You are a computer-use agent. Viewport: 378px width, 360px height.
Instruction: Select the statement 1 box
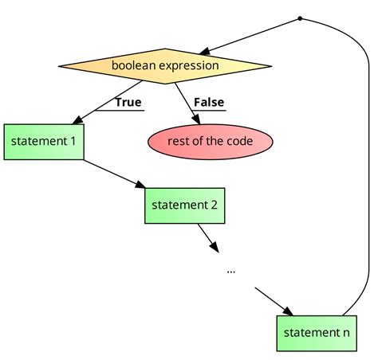44,142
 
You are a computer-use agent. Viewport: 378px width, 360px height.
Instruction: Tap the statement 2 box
183,205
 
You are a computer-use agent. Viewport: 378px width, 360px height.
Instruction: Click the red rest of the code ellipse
211,142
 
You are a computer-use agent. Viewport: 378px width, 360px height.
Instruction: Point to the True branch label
128,103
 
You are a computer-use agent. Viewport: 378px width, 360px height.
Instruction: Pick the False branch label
209,103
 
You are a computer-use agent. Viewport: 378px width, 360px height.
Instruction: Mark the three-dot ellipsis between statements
230,271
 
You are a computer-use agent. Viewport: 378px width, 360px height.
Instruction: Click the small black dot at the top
300,18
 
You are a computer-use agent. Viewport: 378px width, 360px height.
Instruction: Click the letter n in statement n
345,333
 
